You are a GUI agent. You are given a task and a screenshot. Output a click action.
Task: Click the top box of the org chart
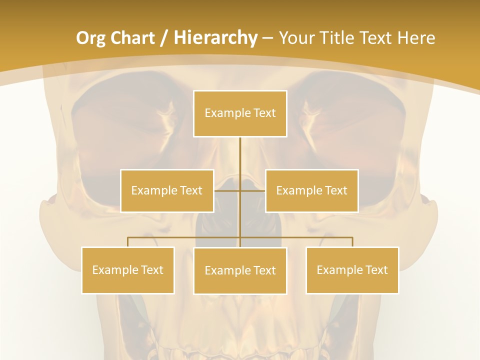pos(240,113)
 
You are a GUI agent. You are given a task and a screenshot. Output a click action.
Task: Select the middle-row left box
pos(167,190)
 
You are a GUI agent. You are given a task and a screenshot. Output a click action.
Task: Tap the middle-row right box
pos(311,190)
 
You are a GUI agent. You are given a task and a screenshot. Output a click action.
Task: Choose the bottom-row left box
pos(128,270)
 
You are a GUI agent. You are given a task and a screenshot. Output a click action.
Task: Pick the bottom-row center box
pos(240,270)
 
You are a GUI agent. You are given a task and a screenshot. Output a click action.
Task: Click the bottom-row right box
pos(352,270)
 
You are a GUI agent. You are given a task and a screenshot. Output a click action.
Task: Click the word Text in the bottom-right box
pos(376,270)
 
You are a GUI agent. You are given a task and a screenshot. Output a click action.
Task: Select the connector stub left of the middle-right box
pos(253,190)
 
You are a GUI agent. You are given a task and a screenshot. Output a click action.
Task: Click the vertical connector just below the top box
pos(240,150)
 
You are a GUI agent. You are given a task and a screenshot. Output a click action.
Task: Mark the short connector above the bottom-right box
pos(352,242)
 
